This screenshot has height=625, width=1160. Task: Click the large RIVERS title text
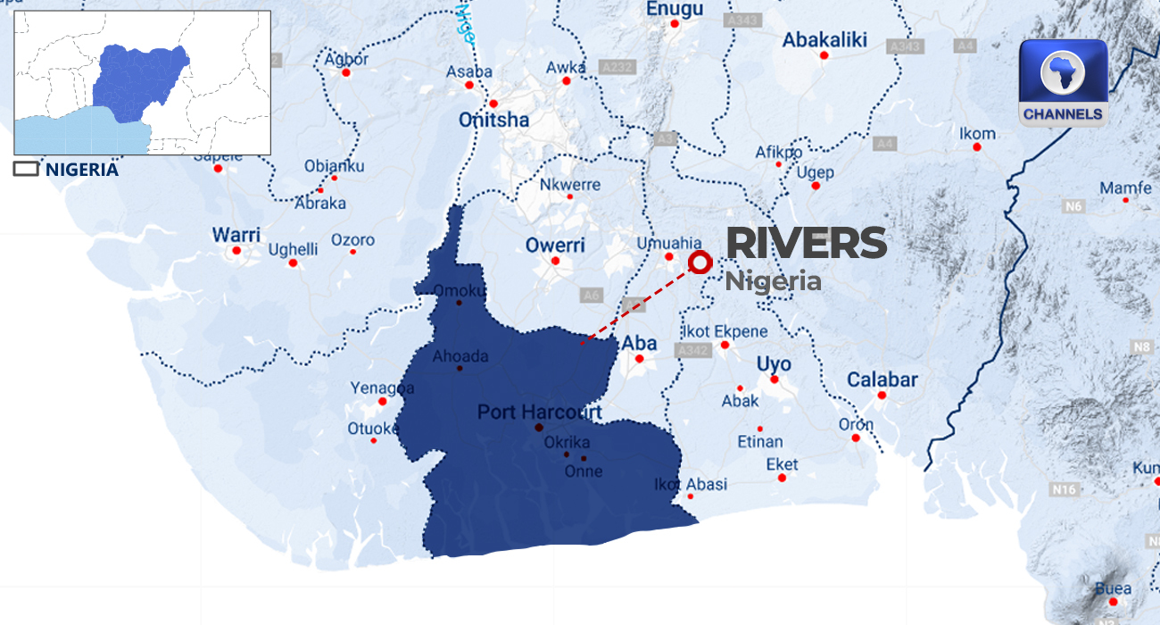coord(807,244)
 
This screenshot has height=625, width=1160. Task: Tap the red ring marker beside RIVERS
coord(700,262)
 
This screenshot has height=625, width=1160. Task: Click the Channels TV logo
coord(1063,82)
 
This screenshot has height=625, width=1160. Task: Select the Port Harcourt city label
coord(540,412)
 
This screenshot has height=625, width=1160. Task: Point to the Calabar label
coord(882,379)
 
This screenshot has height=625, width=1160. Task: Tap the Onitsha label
coord(493,120)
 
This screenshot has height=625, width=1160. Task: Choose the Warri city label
coord(236,235)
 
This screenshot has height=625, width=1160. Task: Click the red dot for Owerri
coord(555,262)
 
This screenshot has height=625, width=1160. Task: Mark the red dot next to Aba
coord(640,360)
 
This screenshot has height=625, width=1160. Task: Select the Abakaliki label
coord(824,40)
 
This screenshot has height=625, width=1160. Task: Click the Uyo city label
coord(774,364)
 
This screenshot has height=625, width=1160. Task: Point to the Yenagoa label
coord(382,388)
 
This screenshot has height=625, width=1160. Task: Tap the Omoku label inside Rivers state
coord(460,291)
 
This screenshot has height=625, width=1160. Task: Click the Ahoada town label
coord(460,356)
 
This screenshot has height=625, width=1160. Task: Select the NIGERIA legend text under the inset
coord(81,169)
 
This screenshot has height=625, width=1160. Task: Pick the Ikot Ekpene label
coord(727,331)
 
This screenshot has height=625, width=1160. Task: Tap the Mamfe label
coord(1125,188)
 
